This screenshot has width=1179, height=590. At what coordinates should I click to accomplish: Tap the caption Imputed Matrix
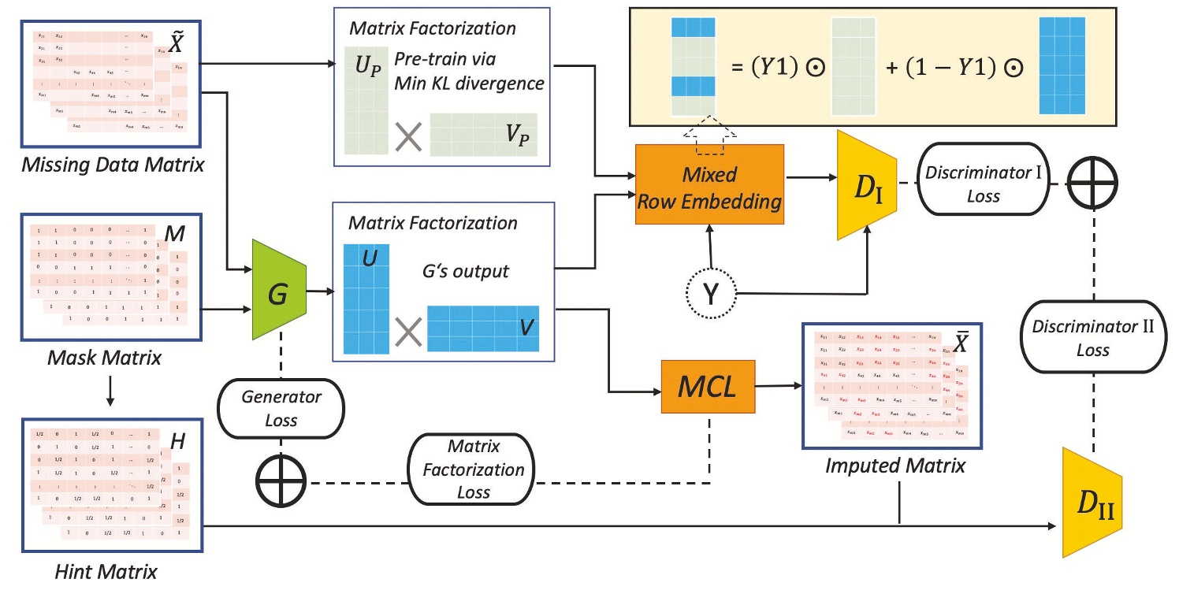[894, 465]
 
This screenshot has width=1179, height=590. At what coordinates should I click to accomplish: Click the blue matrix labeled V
[483, 328]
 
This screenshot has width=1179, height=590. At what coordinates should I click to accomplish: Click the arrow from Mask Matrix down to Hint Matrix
[110, 392]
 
